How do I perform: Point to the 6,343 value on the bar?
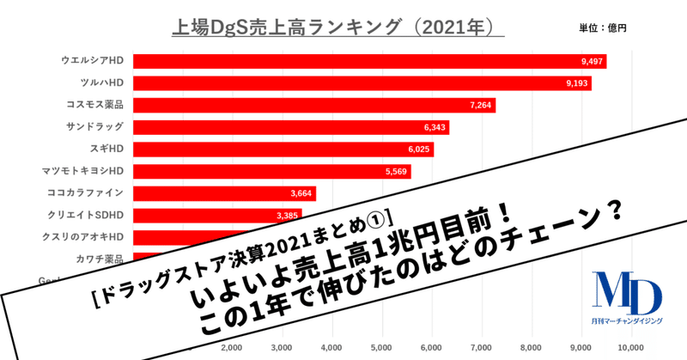click(x=429, y=127)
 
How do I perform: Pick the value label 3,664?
click(x=306, y=193)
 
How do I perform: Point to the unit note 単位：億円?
click(x=604, y=28)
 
